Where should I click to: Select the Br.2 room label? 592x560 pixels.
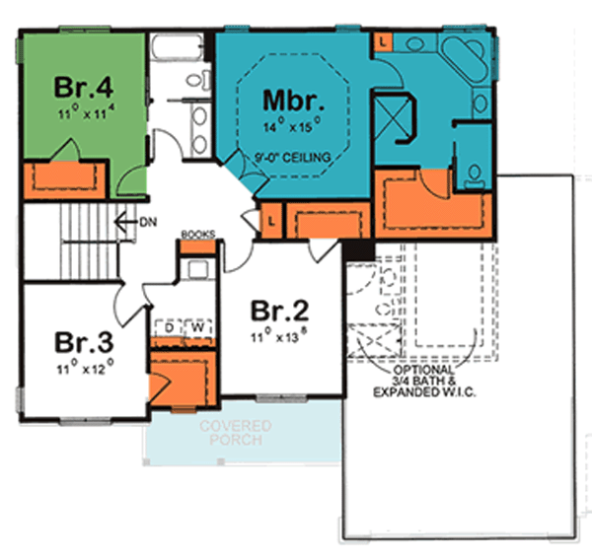tap(279, 312)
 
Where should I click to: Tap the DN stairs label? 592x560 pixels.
tap(148, 221)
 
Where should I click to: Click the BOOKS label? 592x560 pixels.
tap(197, 234)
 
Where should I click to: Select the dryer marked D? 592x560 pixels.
tap(170, 325)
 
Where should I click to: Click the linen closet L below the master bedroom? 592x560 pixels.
tap(271, 223)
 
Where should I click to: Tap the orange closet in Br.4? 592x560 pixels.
tap(63, 177)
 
